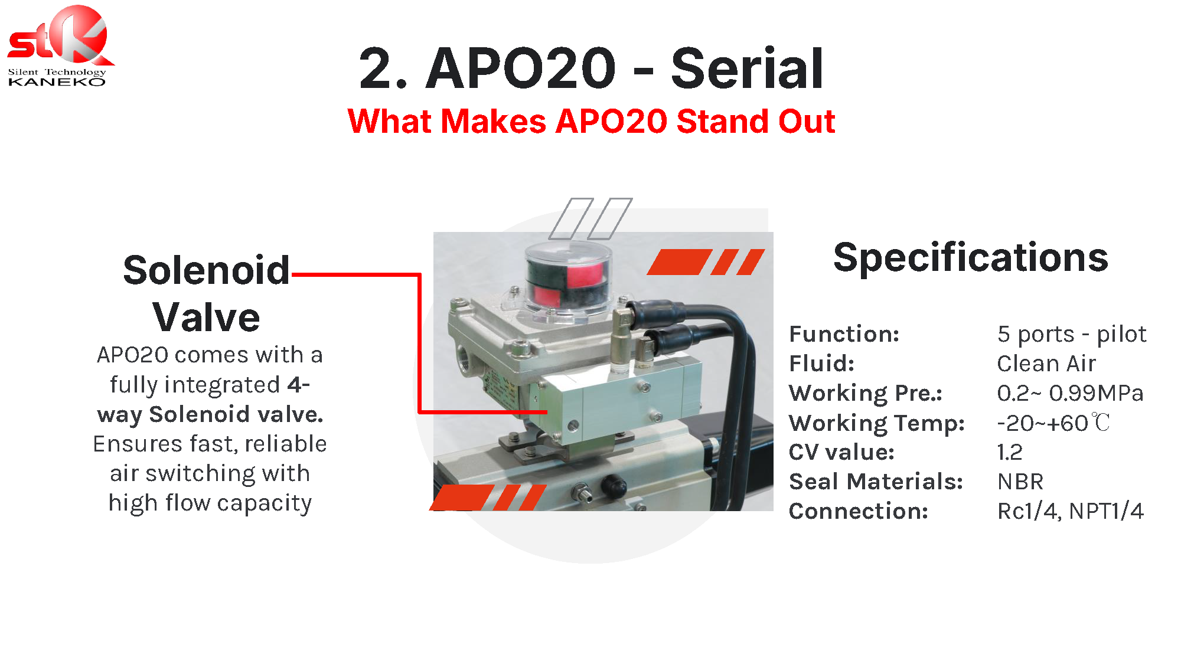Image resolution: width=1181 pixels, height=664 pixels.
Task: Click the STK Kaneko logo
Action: coord(59,46)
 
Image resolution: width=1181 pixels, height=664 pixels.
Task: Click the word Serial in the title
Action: coord(747,68)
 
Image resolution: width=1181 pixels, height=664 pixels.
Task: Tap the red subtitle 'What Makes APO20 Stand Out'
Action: coord(591,121)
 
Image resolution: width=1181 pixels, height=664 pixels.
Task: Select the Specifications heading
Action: coord(970,258)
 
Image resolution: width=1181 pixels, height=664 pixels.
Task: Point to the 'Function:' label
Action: coord(844,334)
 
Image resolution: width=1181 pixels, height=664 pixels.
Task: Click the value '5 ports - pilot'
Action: coord(1072,334)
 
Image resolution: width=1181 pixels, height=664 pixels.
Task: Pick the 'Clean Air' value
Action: coord(1046,364)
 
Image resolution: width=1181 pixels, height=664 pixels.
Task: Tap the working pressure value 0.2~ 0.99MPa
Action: coord(1070,393)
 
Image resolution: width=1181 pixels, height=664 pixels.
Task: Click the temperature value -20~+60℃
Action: coord(1053,423)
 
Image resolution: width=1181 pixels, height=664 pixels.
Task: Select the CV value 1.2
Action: coord(1010,452)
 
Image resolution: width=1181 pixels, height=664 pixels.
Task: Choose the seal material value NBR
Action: coord(1020,482)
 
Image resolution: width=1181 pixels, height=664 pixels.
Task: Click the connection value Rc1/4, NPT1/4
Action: coord(1070,511)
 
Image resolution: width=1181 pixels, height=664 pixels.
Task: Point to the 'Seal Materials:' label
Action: coord(876,482)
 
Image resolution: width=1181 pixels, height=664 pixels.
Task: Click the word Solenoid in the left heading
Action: coord(207,270)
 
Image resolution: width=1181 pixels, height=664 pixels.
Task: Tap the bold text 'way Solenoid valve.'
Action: coord(210,414)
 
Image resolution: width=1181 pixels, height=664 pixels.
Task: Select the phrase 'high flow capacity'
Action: coord(210,503)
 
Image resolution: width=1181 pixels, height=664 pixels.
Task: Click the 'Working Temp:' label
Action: coord(877,423)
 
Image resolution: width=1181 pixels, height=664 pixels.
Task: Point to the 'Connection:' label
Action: coord(859,511)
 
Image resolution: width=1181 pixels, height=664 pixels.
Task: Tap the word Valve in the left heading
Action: coord(206,318)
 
